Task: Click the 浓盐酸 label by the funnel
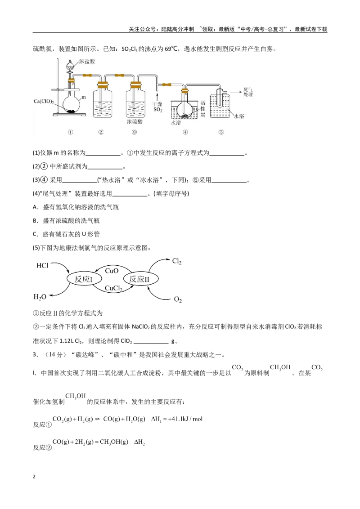87,61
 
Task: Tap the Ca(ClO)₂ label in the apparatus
44,102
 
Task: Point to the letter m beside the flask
84,97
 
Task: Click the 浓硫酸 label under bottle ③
135,121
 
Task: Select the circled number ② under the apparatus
101,132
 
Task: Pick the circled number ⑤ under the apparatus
221,132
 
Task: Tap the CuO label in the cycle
112,271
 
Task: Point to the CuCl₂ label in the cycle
113,288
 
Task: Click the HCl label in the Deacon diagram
42,266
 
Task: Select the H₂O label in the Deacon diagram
40,297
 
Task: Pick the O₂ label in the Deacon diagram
178,299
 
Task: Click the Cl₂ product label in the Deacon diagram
177,261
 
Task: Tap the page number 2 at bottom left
35,477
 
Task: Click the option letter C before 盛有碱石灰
35,234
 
